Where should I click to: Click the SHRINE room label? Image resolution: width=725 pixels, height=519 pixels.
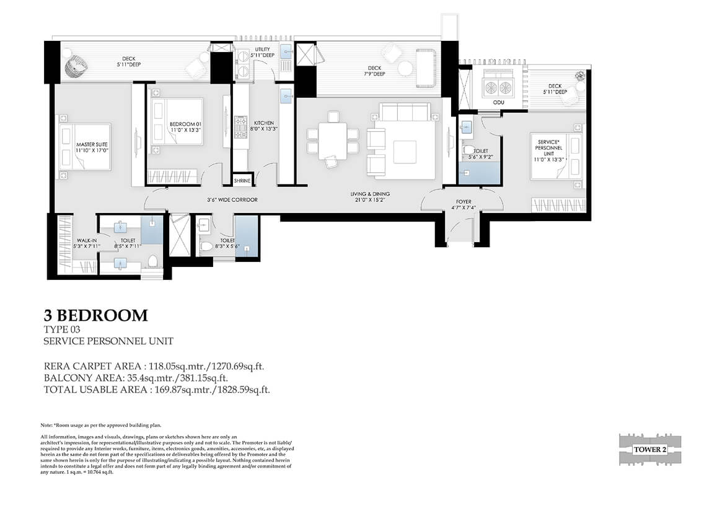pyautogui.click(x=242, y=181)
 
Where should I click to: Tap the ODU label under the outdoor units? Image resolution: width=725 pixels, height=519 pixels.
pyautogui.click(x=498, y=102)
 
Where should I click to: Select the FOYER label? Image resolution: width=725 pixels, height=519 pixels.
pyautogui.click(x=464, y=201)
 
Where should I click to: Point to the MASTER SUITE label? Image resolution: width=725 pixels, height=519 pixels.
pyautogui.click(x=92, y=145)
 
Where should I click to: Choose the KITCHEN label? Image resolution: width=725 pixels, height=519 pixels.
pyautogui.click(x=263, y=123)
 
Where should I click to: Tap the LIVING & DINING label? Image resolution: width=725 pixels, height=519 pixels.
pyautogui.click(x=370, y=194)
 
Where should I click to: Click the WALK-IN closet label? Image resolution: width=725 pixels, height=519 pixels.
pyautogui.click(x=87, y=240)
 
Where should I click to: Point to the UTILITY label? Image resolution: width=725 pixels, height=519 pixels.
pyautogui.click(x=262, y=50)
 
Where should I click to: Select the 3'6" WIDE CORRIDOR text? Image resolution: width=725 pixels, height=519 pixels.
pyautogui.click(x=232, y=200)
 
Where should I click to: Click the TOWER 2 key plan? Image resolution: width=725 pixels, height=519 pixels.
pyautogui.click(x=650, y=450)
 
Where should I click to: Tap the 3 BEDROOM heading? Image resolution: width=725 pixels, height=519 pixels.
pyautogui.click(x=95, y=316)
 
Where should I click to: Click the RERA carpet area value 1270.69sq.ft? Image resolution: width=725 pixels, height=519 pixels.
pyautogui.click(x=238, y=367)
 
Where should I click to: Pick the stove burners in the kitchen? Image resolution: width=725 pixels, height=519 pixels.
pyautogui.click(x=241, y=127)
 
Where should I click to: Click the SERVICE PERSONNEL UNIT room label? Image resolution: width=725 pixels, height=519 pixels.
pyautogui.click(x=548, y=148)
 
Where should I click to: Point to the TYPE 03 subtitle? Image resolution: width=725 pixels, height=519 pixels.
pyautogui.click(x=62, y=329)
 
